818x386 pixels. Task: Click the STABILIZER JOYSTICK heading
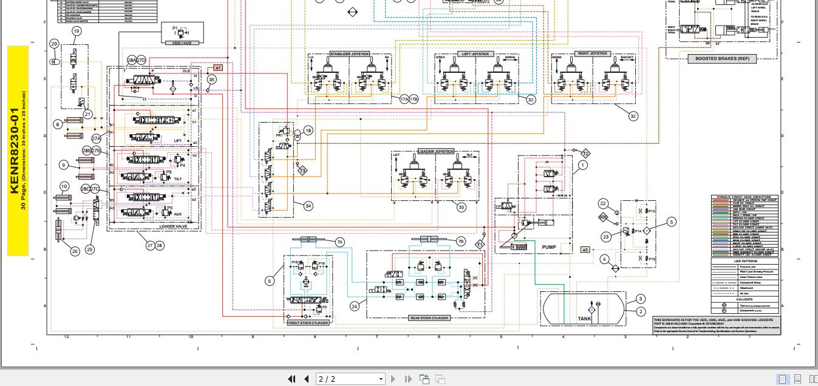(x=349, y=54)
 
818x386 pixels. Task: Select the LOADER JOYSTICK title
(x=435, y=151)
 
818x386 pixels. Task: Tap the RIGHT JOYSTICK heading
(x=593, y=53)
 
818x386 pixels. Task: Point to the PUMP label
(x=548, y=247)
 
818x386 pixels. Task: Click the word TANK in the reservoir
(x=584, y=319)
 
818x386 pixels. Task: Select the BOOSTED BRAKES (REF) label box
(x=721, y=59)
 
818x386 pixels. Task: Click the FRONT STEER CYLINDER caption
(x=308, y=323)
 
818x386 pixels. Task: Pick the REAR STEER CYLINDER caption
(x=429, y=318)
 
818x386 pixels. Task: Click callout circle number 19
(x=77, y=31)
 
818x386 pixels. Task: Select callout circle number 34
(x=308, y=206)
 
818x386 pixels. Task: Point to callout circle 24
(x=355, y=306)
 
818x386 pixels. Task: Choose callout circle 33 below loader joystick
(x=461, y=208)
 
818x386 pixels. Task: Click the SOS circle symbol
(x=603, y=217)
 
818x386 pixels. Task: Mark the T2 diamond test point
(x=585, y=154)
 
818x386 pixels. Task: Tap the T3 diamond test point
(x=302, y=171)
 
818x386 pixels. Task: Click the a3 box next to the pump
(x=585, y=249)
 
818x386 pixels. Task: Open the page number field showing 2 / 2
(x=351, y=379)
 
